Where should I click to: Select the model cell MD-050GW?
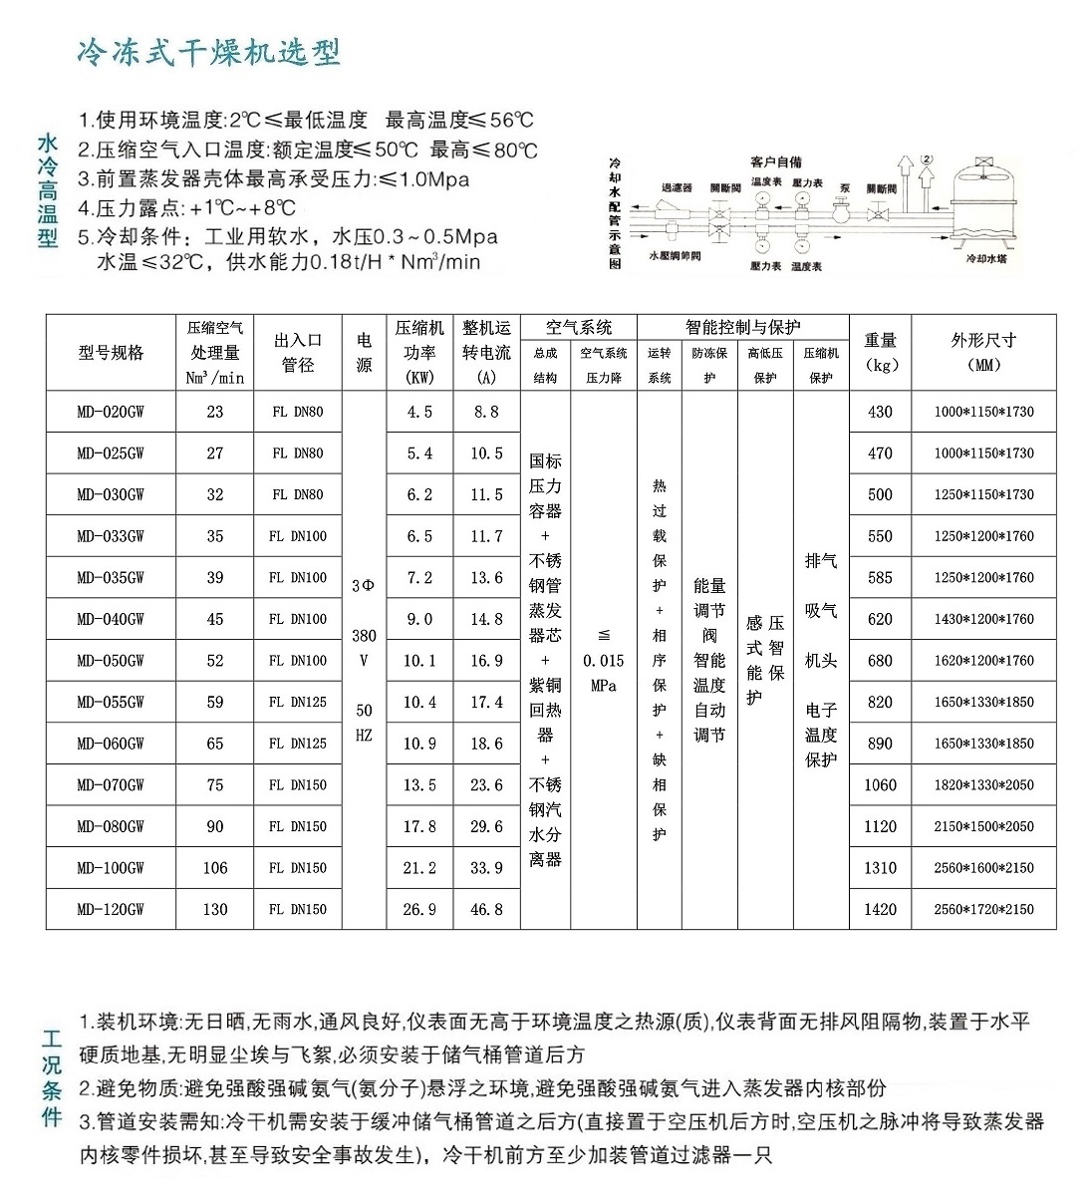click(111, 661)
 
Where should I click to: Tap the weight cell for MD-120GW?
click(880, 909)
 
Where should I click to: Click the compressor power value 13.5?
click(419, 785)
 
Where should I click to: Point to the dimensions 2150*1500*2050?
click(983, 826)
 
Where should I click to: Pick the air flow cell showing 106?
click(215, 868)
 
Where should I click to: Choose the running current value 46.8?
click(486, 909)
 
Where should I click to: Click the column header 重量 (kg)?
click(880, 352)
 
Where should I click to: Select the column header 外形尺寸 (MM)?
click(983, 352)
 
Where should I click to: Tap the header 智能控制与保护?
click(742, 327)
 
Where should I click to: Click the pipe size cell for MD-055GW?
click(298, 702)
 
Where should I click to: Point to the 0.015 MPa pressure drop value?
click(604, 661)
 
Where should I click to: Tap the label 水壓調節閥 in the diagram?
click(675, 256)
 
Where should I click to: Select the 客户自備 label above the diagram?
click(776, 161)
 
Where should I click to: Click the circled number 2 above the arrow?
click(927, 158)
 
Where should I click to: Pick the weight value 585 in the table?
click(880, 578)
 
